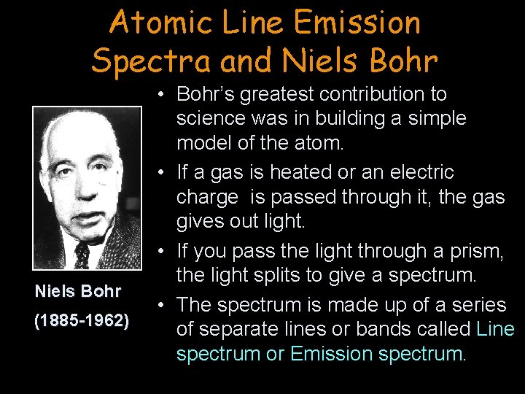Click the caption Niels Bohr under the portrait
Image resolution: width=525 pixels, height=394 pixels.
[78, 291]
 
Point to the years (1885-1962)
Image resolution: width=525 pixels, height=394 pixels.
[82, 321]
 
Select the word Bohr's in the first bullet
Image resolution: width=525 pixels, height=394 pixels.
[207, 94]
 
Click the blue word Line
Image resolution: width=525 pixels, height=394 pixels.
[495, 329]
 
